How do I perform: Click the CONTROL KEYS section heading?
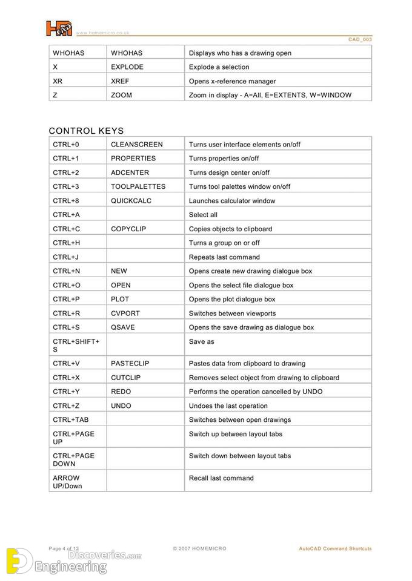[x=86, y=131]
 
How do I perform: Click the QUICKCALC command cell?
[x=131, y=201]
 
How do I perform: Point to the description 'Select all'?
[x=203, y=215]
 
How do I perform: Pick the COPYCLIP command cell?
[x=128, y=229]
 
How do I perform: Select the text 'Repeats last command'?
[x=224, y=257]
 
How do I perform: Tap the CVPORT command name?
[x=125, y=313]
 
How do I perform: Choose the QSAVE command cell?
[x=123, y=327]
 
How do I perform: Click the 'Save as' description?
[x=201, y=342]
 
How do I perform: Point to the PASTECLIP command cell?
[x=130, y=364]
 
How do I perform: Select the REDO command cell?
[x=121, y=392]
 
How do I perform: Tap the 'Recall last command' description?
[x=221, y=478]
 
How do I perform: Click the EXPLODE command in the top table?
[x=127, y=67]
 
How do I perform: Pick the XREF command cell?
[x=121, y=81]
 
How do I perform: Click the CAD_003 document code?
[x=360, y=39]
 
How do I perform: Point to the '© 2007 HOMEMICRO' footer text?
[x=199, y=549]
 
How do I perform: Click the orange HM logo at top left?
[x=59, y=28]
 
